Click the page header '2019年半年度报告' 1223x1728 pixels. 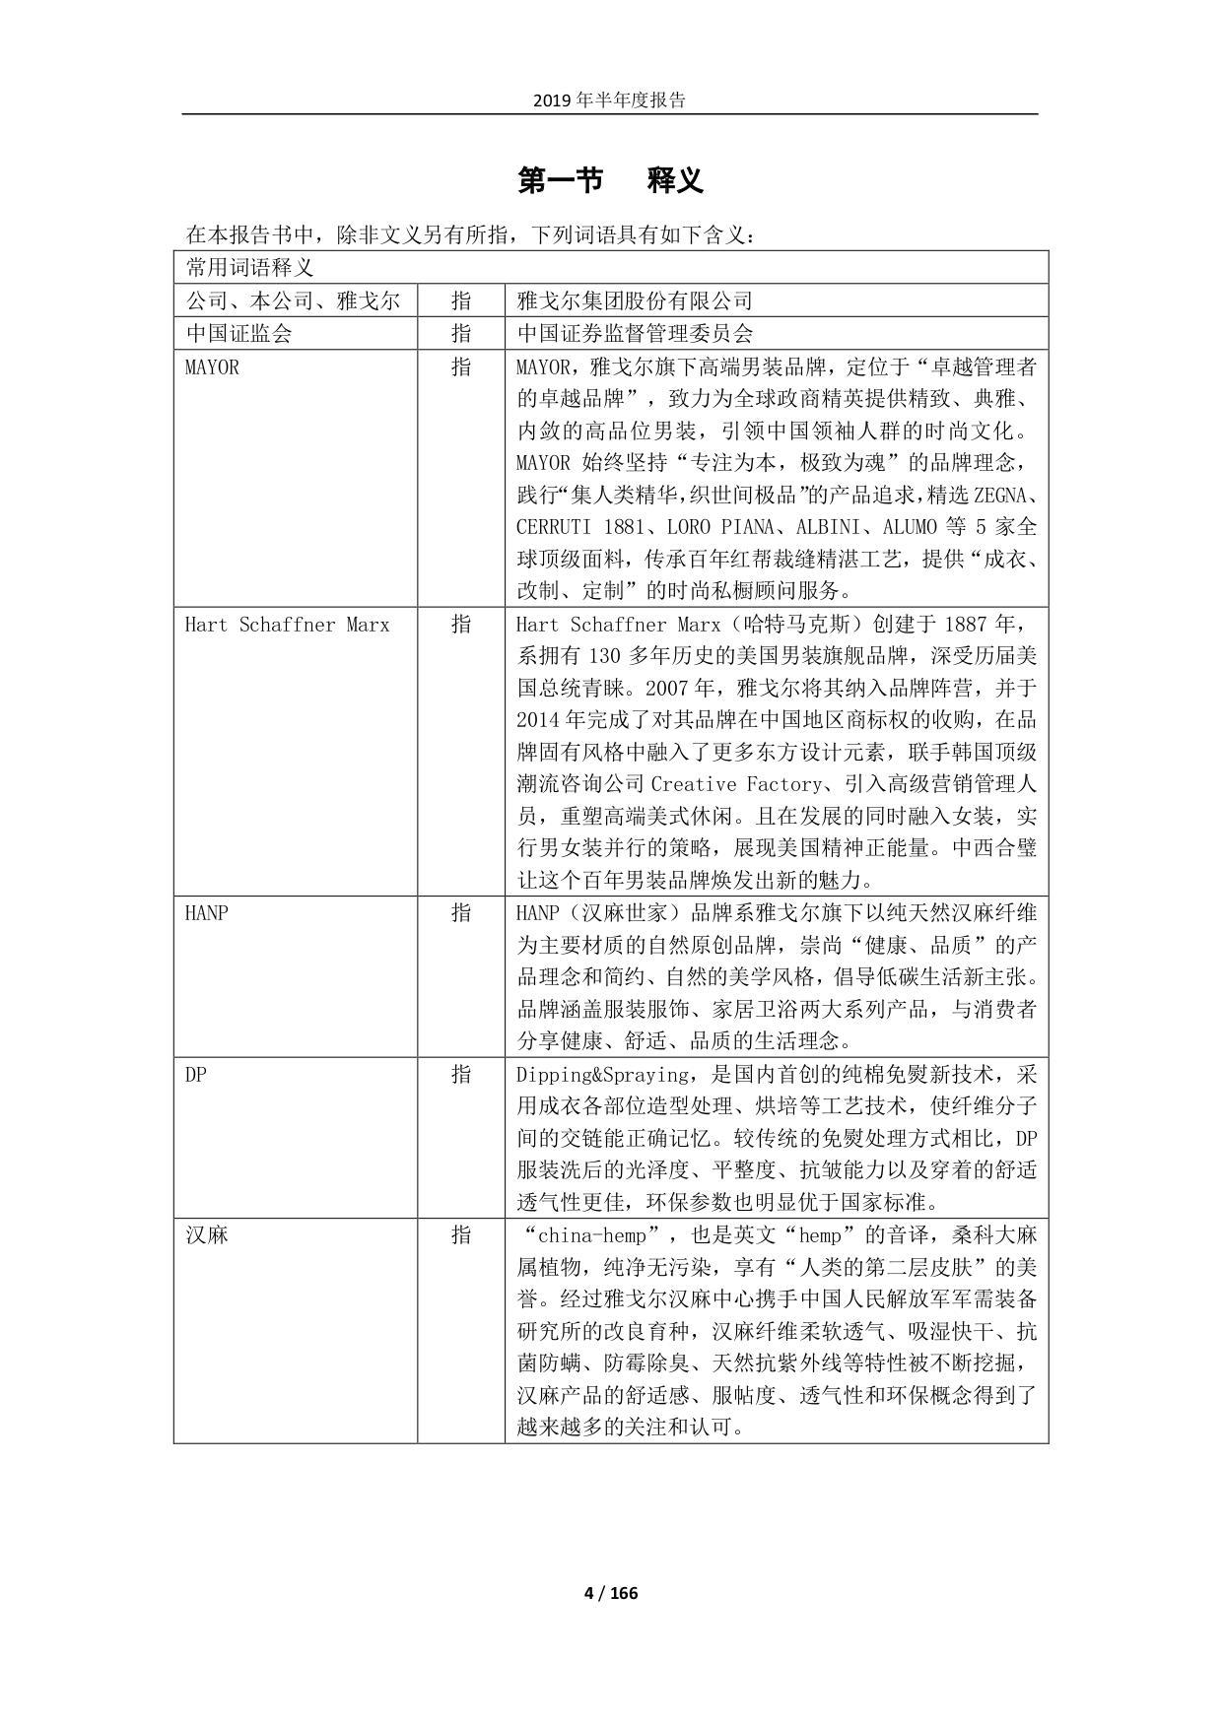609,100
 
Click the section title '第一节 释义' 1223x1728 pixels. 610,181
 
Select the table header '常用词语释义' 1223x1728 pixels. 249,268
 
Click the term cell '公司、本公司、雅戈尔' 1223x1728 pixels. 293,300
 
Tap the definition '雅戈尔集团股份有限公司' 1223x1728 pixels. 635,300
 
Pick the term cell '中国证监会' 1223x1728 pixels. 239,333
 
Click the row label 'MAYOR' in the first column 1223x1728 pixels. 212,367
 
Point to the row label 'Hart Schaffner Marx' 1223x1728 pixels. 287,625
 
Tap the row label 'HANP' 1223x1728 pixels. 206,913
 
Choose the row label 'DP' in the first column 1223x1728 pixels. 195,1074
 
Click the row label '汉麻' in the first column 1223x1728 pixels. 207,1235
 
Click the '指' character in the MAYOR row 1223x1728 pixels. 460,367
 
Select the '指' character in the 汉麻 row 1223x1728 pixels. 460,1235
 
